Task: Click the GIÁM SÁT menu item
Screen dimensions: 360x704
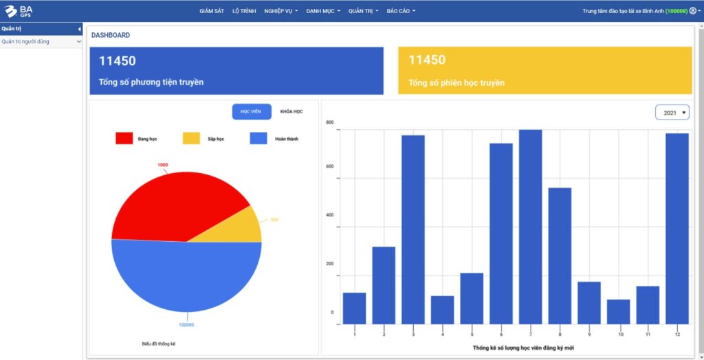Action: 212,11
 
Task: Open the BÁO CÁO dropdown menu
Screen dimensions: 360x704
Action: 401,11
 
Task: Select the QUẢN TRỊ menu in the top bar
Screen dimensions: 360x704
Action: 363,11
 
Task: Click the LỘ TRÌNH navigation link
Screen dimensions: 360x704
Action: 244,11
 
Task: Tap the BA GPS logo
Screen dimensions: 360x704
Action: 19,11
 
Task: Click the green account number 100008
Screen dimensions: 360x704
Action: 676,11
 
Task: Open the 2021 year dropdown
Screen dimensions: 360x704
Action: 672,113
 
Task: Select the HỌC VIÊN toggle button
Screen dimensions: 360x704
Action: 251,111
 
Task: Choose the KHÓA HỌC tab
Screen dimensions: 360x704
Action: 291,111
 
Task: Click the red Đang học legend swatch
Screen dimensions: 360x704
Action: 124,139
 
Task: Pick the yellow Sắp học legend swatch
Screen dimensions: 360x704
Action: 191,139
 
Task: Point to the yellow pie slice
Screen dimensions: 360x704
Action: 244,225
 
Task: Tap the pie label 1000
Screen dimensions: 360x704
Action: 162,165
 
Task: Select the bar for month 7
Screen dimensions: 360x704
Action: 530,227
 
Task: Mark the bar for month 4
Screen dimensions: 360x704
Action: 442,310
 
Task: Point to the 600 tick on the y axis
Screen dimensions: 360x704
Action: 330,166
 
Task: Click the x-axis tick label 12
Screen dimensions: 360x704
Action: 677,334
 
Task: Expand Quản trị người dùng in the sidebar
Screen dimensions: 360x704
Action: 41,41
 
